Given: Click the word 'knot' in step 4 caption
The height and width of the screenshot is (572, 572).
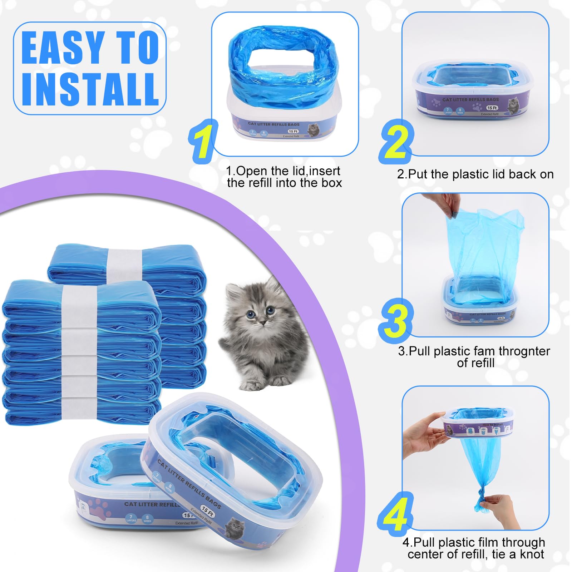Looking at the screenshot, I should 532,554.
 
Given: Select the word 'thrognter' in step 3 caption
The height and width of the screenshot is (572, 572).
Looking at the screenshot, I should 524,351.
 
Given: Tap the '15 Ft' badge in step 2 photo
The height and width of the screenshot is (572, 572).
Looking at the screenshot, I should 492,108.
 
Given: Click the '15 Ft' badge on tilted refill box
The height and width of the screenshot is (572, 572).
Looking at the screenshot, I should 207,512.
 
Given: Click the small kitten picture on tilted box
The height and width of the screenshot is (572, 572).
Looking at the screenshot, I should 235,526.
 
